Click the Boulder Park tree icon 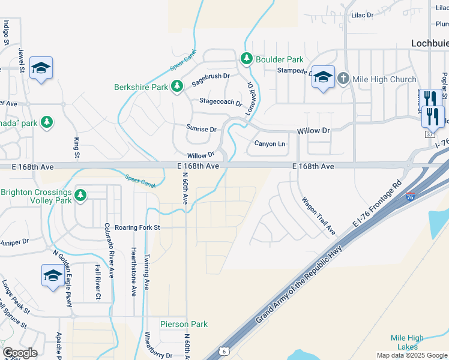246,59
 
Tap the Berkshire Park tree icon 176,87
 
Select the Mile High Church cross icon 343,79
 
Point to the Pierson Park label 184,324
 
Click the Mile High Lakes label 407,343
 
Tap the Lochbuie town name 430,43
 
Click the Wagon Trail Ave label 318,215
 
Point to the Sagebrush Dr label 210,76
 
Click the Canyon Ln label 270,143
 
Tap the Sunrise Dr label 201,129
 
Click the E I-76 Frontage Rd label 376,203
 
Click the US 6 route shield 223,350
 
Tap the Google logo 20,353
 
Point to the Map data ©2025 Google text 411,355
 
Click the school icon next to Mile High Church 323,77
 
